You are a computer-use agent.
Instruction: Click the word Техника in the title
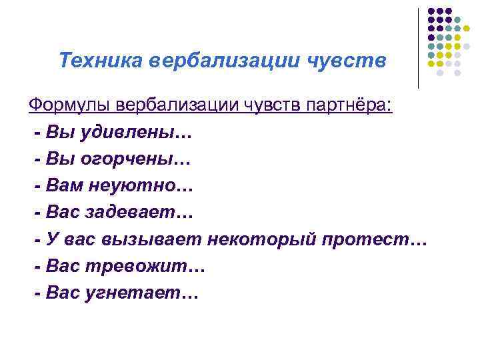101,61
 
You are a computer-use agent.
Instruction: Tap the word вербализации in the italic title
225,61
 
